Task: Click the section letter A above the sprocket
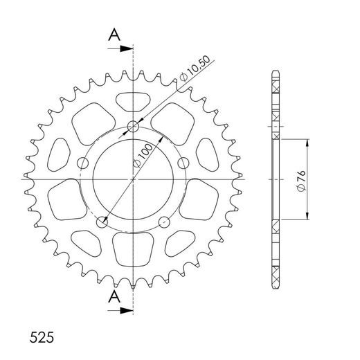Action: click(114, 35)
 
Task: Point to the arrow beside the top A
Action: click(125, 48)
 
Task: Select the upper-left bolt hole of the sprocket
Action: click(83, 163)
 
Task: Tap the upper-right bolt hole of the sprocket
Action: click(184, 163)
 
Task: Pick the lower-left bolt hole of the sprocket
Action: click(102, 222)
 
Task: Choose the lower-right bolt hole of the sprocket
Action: click(165, 222)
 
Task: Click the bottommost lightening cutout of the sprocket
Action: click(134, 252)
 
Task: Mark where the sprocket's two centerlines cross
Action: click(134, 180)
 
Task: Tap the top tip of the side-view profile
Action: click(277, 72)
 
